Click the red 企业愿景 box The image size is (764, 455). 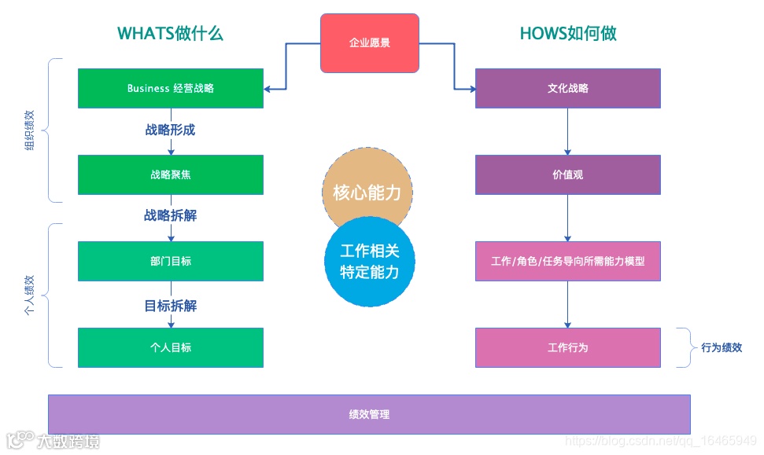coord(369,42)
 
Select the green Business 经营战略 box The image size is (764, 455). coord(170,88)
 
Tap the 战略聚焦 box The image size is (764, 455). coord(170,174)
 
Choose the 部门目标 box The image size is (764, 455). coord(170,261)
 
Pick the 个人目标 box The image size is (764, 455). coord(170,347)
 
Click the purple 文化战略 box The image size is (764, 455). coord(567,88)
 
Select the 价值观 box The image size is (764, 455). coord(567,174)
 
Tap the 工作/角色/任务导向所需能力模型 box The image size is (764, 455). coord(567,261)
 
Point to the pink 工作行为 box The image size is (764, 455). coord(567,347)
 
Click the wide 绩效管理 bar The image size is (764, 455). coord(369,414)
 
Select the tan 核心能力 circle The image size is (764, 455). coord(368,189)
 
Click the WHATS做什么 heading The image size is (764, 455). coord(171,33)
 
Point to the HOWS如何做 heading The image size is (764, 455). coord(567,33)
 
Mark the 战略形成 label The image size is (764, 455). coord(170,130)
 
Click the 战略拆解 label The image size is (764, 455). coord(170,215)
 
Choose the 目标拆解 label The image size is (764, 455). coord(170,306)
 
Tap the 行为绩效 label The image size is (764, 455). coord(722,347)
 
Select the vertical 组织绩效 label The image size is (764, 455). coord(30,130)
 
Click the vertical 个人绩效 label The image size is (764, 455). coord(30,295)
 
